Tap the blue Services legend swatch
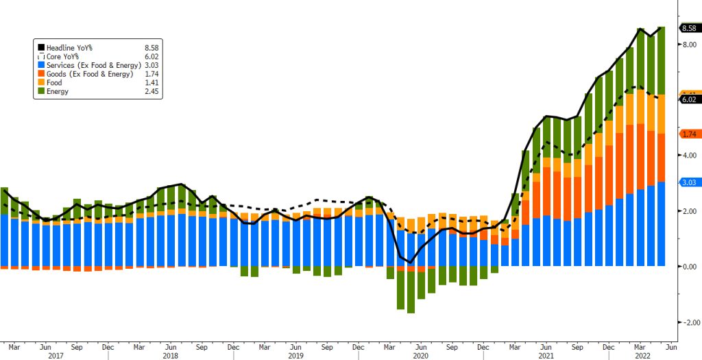(x=40, y=64)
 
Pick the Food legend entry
(x=54, y=82)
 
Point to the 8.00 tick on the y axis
(x=687, y=45)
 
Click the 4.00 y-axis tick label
(x=687, y=156)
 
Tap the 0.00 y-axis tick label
(x=687, y=267)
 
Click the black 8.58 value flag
(x=688, y=28)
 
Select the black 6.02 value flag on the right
(x=688, y=99)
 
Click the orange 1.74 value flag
(x=688, y=134)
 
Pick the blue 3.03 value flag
(x=688, y=182)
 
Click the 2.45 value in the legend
(x=152, y=91)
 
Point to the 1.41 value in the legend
(x=152, y=82)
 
